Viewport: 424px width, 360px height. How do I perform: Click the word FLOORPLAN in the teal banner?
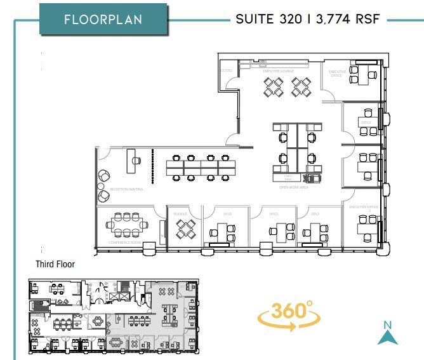[103, 19]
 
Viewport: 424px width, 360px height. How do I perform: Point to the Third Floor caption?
[55, 264]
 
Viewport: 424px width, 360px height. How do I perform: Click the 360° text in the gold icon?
[291, 311]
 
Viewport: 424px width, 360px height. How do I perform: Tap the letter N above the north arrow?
[388, 326]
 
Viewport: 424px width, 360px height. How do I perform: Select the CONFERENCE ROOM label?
[124, 243]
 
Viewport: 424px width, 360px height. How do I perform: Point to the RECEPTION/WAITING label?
[127, 189]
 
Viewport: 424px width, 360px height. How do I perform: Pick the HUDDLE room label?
[180, 215]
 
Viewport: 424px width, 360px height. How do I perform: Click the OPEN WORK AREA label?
[294, 187]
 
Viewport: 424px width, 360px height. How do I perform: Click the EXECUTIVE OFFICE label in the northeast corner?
[338, 74]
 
